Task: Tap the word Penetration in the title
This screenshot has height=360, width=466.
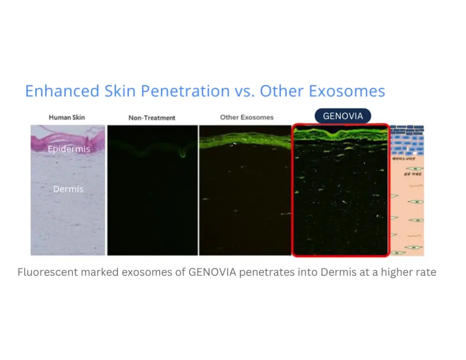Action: tap(185, 91)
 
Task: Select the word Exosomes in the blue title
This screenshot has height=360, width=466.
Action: tap(347, 91)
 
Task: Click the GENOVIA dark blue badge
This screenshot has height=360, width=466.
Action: tap(343, 116)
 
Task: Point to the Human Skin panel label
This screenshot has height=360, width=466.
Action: tap(66, 117)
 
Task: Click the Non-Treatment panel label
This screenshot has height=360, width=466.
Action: tap(152, 117)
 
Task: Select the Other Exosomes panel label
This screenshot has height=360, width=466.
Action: tap(247, 117)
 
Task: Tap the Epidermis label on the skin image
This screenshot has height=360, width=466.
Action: tap(69, 149)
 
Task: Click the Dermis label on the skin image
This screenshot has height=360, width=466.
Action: tap(68, 189)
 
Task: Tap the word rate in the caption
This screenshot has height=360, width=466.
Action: tap(426, 273)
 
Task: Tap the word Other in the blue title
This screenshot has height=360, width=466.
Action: tap(283, 91)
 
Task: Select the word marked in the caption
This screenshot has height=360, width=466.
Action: tap(99, 273)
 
